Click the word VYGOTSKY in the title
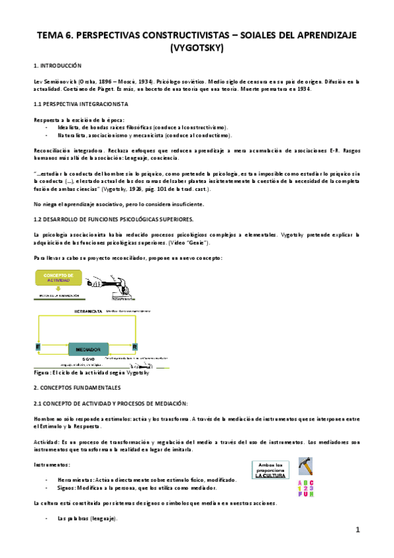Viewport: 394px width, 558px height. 197,48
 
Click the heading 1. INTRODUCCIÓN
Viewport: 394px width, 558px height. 57,66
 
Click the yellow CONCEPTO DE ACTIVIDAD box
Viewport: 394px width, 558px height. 58,278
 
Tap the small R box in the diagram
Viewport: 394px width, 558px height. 135,346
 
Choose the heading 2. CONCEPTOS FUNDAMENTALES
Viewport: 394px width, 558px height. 78,388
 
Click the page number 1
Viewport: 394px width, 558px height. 358,530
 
